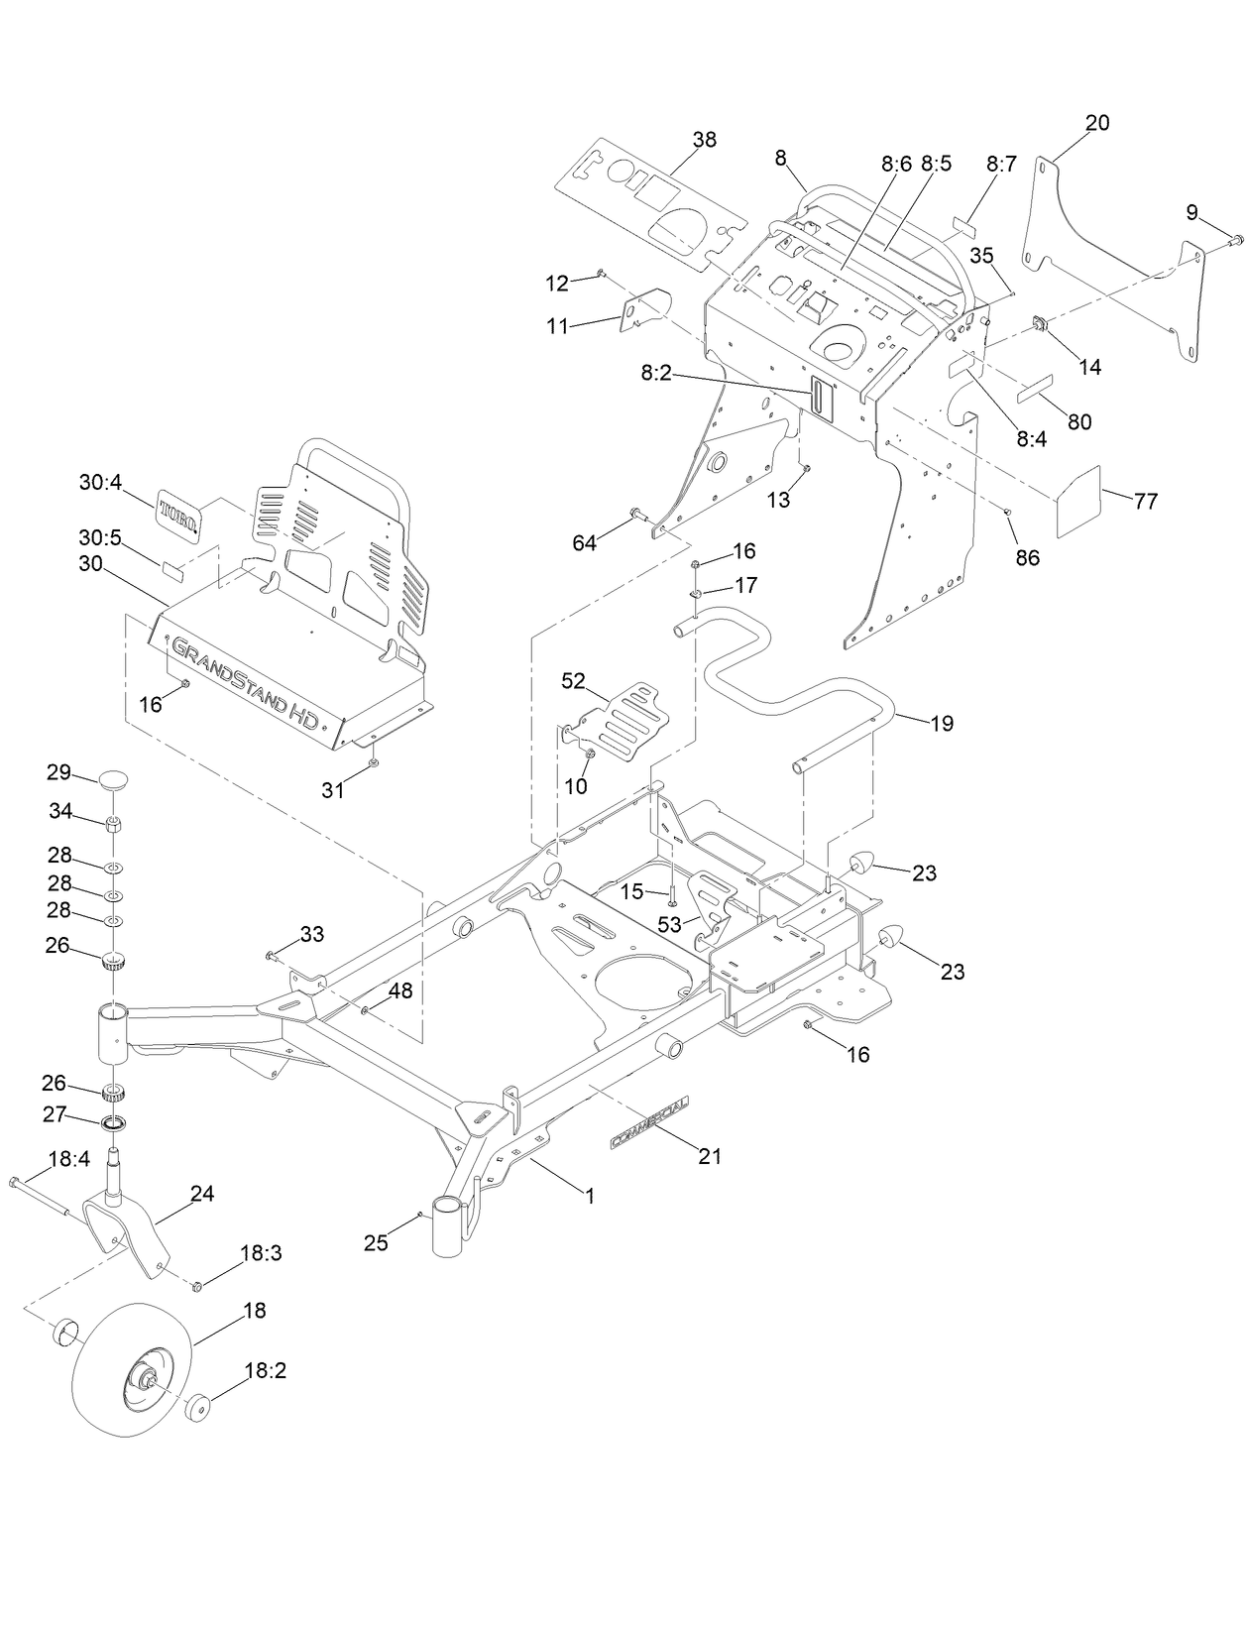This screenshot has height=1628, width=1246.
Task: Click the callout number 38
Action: pyautogui.click(x=704, y=140)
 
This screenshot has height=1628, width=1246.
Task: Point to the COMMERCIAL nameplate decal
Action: pyautogui.click(x=654, y=1122)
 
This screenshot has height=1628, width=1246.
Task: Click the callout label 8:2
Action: pyautogui.click(x=656, y=373)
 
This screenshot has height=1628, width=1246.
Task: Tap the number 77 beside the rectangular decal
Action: pyautogui.click(x=1145, y=502)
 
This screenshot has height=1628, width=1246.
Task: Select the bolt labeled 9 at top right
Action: pyautogui.click(x=1236, y=239)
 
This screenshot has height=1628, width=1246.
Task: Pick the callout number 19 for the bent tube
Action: pyautogui.click(x=942, y=724)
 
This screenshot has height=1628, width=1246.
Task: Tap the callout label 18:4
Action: pyautogui.click(x=69, y=1158)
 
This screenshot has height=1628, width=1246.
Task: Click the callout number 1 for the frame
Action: pyautogui.click(x=590, y=1197)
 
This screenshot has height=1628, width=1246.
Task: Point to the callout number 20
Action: pyautogui.click(x=1097, y=123)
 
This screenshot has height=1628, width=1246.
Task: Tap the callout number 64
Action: pyautogui.click(x=585, y=542)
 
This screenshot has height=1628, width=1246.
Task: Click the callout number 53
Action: pyautogui.click(x=670, y=925)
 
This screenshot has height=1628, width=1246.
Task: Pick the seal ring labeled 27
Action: pyautogui.click(x=116, y=1123)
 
